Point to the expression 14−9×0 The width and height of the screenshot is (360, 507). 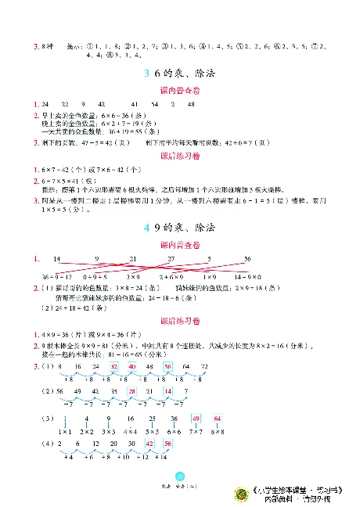tap(247, 277)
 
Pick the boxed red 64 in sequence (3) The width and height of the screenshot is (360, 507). tap(218, 419)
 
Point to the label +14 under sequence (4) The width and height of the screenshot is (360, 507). tap(167, 457)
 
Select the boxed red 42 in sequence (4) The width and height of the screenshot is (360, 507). tap(149, 444)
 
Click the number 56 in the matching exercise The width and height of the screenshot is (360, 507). tap(247, 258)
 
